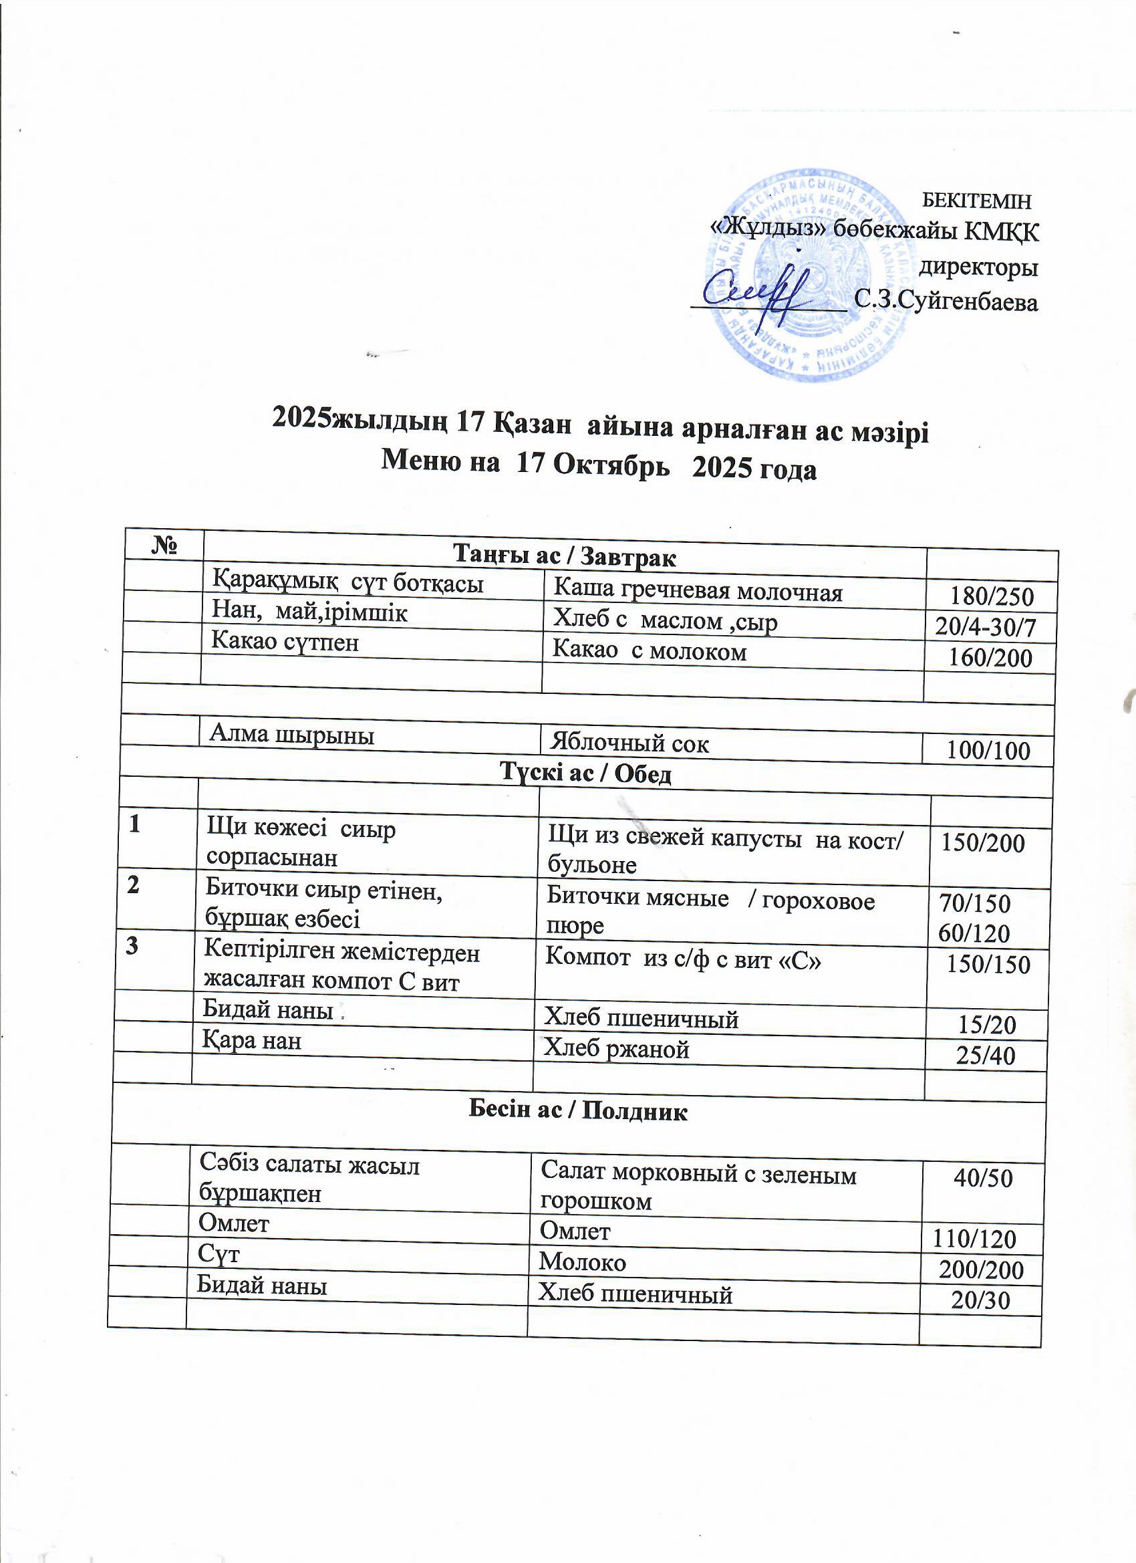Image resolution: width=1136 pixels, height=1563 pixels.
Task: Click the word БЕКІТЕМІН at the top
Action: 976,201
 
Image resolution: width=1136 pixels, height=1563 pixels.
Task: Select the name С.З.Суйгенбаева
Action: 945,301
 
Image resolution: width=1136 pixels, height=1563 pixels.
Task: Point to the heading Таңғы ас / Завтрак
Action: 564,556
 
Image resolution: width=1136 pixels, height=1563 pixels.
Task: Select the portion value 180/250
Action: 992,596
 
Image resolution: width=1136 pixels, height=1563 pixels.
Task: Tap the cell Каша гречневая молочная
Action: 698,591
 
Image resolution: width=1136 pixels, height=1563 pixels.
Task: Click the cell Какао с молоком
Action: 650,651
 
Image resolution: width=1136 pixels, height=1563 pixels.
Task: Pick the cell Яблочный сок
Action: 629,743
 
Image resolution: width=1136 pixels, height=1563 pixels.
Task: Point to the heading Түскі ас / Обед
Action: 585,774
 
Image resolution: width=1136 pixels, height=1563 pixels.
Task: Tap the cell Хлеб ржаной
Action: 617,1049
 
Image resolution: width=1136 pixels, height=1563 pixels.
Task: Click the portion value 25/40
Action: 986,1055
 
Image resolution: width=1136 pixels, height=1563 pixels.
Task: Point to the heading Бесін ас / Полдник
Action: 577,1110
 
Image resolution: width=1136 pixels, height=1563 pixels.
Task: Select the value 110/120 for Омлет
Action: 974,1239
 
